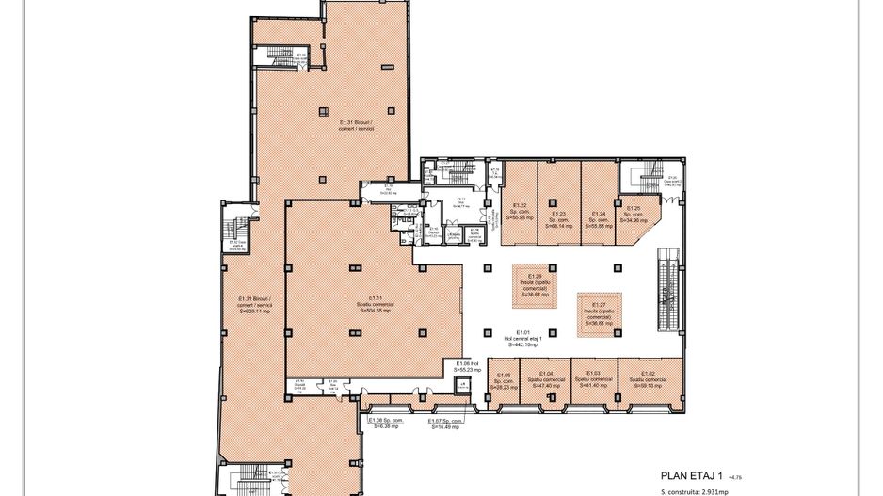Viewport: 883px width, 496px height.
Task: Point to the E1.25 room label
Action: click(x=633, y=214)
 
